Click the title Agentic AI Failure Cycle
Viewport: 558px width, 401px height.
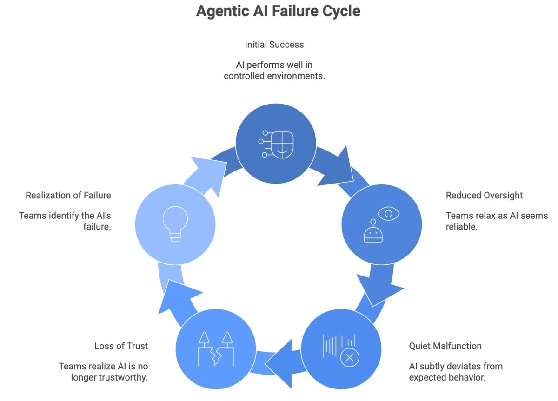[278, 11]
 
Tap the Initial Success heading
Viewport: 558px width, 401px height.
[274, 45]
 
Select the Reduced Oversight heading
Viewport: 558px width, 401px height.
[484, 195]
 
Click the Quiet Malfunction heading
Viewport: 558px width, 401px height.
[445, 346]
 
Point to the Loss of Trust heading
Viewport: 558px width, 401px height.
[121, 346]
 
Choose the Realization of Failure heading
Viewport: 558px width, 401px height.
[68, 195]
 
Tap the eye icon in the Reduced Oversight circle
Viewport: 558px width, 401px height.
[388, 213]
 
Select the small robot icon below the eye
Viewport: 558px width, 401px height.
[373, 233]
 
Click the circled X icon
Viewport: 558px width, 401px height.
[350, 358]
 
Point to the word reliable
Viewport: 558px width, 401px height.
[461, 227]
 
